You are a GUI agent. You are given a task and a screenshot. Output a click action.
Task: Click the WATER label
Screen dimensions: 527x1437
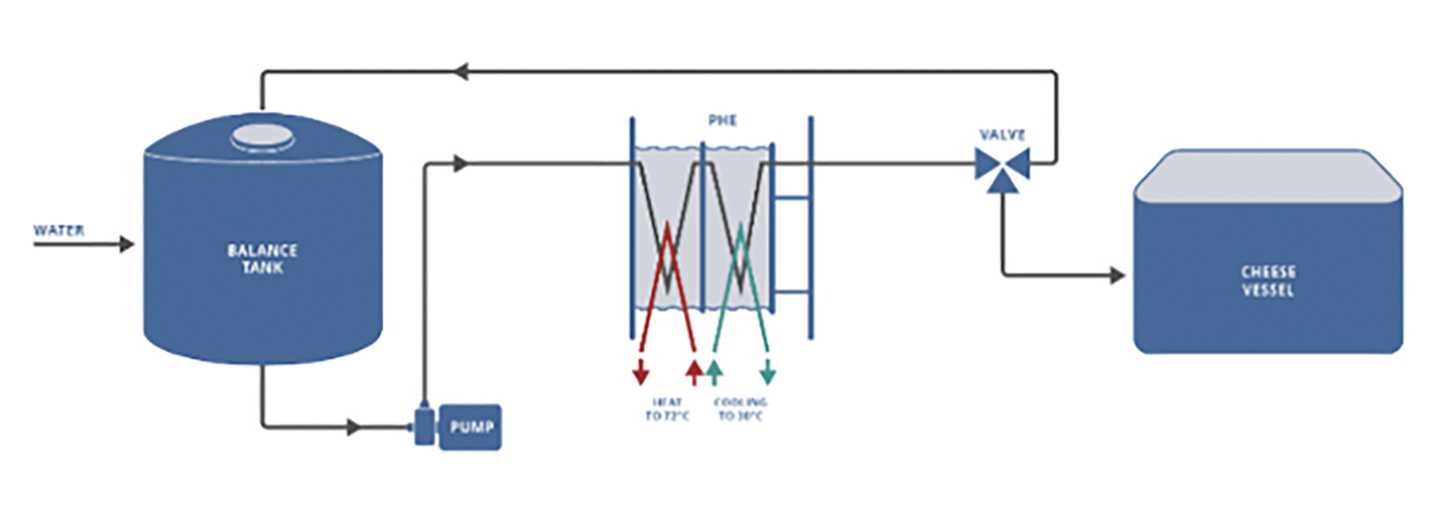[59, 231]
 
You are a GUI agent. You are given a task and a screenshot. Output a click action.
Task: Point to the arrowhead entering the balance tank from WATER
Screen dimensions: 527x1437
[127, 245]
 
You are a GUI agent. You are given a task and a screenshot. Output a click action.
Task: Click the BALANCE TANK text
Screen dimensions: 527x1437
[261, 259]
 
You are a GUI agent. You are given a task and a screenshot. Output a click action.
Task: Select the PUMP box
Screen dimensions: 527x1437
[468, 428]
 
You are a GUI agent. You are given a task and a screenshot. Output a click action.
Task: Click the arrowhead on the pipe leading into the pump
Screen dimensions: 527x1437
[351, 428]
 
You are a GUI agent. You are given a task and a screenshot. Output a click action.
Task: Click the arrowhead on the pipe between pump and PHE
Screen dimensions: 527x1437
[459, 164]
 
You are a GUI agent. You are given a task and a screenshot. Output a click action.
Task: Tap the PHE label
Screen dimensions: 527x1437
[721, 122]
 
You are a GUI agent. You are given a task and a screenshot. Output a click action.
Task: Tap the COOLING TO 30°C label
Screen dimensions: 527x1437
[741, 409]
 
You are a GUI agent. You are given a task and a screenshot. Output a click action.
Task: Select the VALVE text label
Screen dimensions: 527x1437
[1002, 135]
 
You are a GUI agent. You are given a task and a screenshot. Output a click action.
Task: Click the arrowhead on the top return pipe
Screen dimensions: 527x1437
[460, 72]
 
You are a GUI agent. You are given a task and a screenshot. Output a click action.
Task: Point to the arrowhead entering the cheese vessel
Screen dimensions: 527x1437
[1117, 273]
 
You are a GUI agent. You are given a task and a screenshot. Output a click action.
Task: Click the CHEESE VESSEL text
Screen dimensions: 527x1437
[1267, 280]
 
